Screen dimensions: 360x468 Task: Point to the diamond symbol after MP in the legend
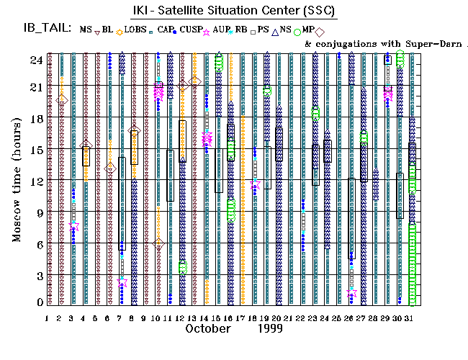(319, 30)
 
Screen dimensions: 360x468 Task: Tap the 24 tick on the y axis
(35, 60)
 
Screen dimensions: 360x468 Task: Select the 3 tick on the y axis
(37, 276)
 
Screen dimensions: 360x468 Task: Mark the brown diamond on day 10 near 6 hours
(158, 243)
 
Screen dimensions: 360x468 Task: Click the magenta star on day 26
(351, 292)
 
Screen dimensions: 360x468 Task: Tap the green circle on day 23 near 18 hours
(315, 112)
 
